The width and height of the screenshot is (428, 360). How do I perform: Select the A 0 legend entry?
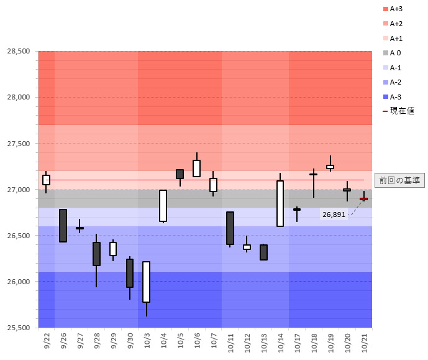[396, 53]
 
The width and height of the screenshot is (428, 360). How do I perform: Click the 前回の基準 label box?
[399, 180]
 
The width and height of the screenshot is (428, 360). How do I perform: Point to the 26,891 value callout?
[334, 215]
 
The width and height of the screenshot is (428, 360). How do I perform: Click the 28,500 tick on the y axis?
[18, 51]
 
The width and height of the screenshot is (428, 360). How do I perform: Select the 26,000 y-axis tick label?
[18, 282]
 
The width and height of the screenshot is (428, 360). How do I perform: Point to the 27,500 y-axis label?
[18, 143]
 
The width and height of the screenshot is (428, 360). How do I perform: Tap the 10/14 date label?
[280, 341]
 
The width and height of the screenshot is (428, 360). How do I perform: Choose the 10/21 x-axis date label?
[364, 341]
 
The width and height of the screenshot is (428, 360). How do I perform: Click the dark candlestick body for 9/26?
[63, 226]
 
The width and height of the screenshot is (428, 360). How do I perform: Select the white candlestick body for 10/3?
[147, 282]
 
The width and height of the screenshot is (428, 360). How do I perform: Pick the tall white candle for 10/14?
[280, 203]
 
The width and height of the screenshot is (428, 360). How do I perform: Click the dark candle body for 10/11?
[230, 228]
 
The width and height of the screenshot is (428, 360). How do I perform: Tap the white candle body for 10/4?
[163, 206]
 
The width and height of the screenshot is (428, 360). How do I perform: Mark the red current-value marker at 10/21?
[363, 199]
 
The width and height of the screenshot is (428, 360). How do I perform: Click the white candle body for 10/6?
[196, 168]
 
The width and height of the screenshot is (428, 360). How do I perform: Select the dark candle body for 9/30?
[130, 273]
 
